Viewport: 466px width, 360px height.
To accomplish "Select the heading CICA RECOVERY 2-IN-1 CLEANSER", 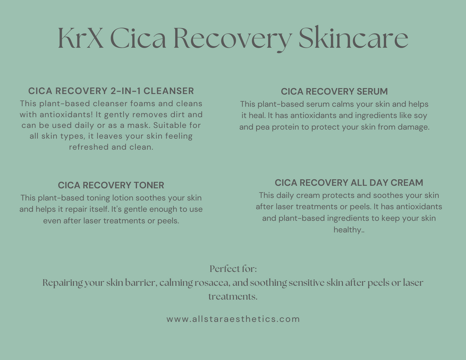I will pos(111,91).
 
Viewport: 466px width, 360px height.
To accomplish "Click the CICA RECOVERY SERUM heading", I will pos(334,92).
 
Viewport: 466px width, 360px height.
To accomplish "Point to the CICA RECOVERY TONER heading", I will pos(111,186).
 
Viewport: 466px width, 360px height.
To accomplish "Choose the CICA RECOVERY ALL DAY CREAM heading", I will pos(349,183).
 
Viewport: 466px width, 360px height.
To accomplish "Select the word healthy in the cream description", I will pos(348,230).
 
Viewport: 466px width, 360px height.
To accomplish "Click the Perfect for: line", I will pos(233,269).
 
